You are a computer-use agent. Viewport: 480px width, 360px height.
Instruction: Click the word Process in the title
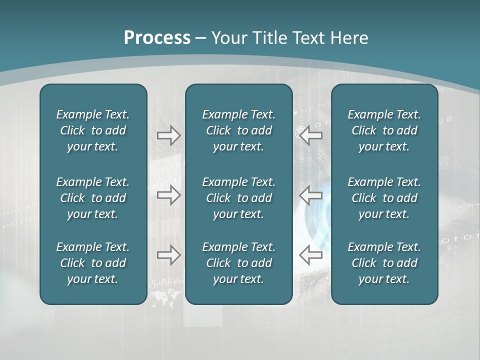coord(157,38)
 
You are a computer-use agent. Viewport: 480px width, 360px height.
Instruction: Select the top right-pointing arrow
coord(168,135)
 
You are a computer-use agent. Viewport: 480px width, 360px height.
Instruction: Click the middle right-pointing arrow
coord(168,195)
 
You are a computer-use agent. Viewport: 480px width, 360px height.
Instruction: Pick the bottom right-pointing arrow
coord(168,255)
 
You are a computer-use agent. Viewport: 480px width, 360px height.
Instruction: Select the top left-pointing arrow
coord(310,135)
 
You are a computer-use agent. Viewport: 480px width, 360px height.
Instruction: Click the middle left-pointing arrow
coord(310,195)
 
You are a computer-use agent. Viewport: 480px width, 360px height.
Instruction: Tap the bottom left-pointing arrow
coord(310,255)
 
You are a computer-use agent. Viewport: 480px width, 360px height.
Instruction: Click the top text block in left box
coord(93,130)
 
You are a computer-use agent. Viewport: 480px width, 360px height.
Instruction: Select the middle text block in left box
coord(93,198)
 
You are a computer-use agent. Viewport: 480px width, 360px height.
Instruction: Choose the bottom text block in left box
coord(93,263)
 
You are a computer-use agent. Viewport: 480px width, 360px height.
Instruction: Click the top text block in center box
coord(238,130)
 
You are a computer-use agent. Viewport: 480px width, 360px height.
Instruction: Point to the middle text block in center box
coord(238,198)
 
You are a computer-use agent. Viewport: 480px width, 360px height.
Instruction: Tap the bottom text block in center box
coord(238,263)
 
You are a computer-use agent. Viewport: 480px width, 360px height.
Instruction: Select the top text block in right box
coord(384,130)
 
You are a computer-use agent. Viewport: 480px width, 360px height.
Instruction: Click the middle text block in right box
coord(384,198)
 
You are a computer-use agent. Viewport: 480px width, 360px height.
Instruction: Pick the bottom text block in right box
coord(384,263)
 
